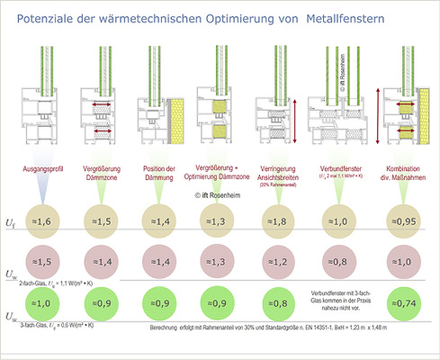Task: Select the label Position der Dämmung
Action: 159,173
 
